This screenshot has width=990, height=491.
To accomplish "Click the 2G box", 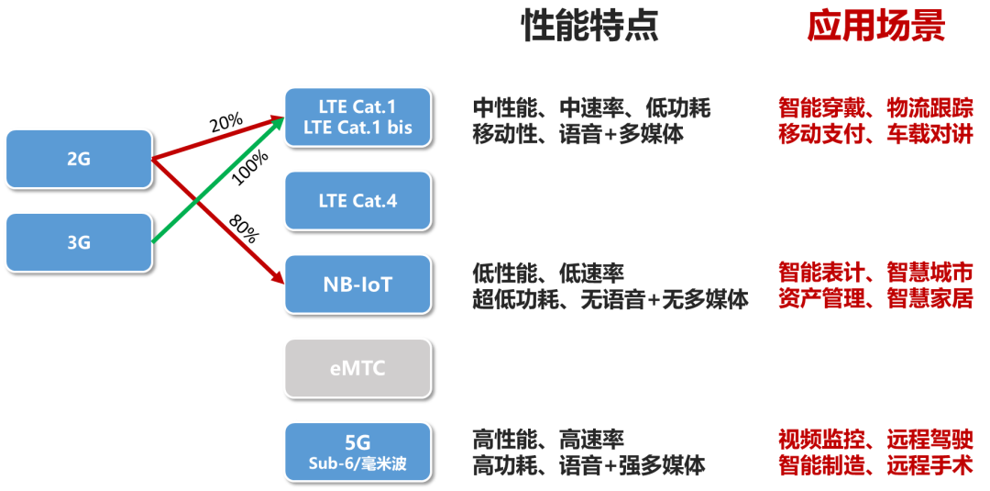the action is pos(79,160).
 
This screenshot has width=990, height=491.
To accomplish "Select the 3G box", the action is pos(79,242).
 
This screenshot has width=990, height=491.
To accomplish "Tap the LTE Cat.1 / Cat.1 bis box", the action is pos(358,117).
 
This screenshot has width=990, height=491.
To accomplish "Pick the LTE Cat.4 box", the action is pos(358,201).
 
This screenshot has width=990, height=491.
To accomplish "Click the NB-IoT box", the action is pos(358,285).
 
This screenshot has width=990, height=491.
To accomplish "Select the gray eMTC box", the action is pos(358,368).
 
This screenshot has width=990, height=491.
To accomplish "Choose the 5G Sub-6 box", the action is pos(358,452).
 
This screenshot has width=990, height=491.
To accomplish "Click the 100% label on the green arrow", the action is pos(250,168).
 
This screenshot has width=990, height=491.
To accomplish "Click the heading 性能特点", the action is pos(589,27).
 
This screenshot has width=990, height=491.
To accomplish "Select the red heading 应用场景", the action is pos(875,27).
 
